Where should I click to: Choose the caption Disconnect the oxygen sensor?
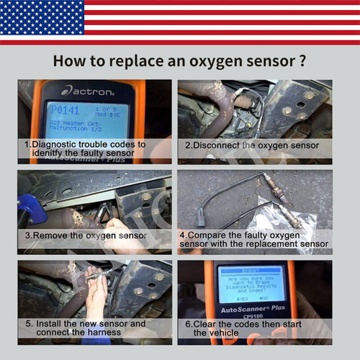(251, 145)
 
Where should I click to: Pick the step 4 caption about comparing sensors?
(255, 239)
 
